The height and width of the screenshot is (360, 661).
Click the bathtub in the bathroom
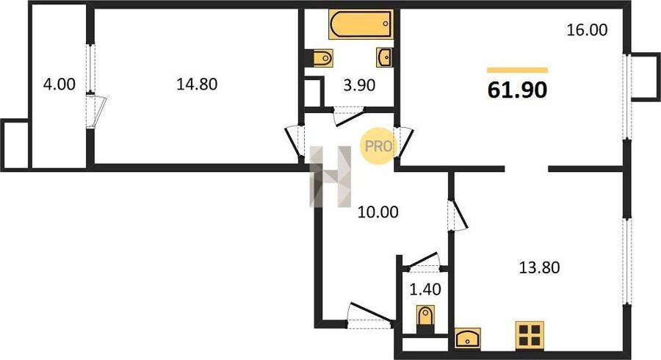pos(361,24)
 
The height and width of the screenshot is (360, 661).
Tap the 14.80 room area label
pos(197,84)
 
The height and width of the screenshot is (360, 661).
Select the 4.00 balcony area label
pos(59,84)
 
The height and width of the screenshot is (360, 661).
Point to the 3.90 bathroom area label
pos(359,85)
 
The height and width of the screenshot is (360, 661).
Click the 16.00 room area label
pos(587,30)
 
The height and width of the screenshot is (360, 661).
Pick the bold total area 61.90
pos(517,90)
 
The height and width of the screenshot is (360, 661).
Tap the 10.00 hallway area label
pos(378,212)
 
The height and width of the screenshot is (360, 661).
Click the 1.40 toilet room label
pos(425,289)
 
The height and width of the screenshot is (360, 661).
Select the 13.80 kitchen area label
pos(539,267)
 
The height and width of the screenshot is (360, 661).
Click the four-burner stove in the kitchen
pos(530,335)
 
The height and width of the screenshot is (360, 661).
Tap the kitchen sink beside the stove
pos(468,338)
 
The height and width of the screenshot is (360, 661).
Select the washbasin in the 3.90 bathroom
pos(384,57)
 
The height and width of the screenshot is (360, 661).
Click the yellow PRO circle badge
pos(377,146)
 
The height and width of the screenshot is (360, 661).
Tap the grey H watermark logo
pos(330,176)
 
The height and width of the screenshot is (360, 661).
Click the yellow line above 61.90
pos(517,70)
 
